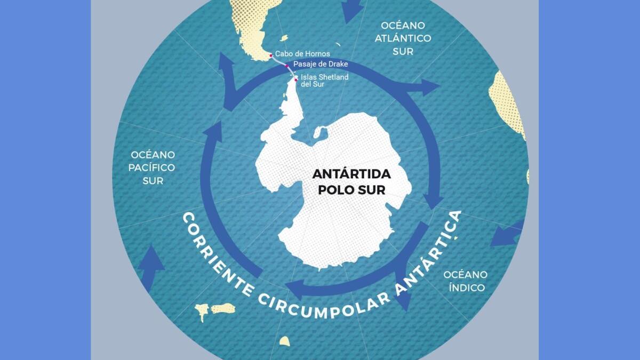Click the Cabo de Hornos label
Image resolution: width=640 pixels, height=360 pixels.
coord(302,54)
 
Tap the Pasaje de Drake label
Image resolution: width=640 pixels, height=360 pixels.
coord(321,64)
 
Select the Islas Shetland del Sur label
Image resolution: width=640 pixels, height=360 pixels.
coord(324,81)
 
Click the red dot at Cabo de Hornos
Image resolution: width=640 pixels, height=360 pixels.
coord(271,54)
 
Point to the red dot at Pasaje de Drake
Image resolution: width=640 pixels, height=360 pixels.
coord(287,65)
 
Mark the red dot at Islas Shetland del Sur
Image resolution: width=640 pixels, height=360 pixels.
coord(296,81)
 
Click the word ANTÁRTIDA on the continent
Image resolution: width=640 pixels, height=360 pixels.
coord(351,174)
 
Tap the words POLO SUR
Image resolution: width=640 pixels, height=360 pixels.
coord(351,190)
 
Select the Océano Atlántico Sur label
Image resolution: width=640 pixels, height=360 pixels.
coord(403,38)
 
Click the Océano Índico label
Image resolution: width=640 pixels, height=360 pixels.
coord(466,281)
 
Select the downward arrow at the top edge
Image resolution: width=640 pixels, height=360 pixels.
coord(351,10)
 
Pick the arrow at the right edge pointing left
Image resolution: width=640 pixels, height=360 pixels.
coord(504,235)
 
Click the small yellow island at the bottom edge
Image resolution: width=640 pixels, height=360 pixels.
coord(284,341)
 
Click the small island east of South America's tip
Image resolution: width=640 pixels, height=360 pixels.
coord(284,38)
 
